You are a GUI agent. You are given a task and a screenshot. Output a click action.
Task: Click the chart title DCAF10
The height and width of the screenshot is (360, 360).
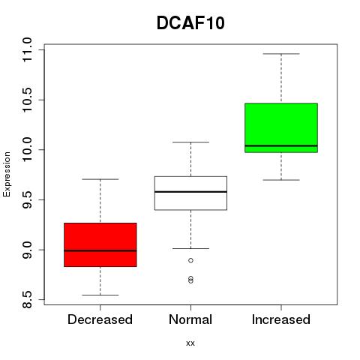click(190, 23)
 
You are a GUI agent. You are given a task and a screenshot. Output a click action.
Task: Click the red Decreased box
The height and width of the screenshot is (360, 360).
click(100, 244)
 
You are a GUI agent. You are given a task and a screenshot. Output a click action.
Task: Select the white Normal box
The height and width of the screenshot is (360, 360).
click(190, 193)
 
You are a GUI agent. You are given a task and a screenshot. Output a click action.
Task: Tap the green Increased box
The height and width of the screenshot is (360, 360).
click(281, 127)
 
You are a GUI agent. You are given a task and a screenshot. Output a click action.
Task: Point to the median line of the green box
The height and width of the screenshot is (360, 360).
click(281, 145)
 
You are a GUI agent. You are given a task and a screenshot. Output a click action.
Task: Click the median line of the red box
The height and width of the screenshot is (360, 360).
click(100, 250)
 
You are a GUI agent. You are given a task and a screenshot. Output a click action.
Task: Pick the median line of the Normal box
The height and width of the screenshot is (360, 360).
click(190, 192)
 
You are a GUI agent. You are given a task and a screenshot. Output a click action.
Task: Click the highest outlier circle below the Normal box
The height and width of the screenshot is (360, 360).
click(190, 260)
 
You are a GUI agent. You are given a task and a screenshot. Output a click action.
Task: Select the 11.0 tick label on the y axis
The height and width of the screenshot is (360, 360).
click(27, 49)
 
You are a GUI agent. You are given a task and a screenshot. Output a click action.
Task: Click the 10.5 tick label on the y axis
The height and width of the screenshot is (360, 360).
click(27, 100)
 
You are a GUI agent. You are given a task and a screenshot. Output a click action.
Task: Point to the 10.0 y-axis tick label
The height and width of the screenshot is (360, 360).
click(27, 150)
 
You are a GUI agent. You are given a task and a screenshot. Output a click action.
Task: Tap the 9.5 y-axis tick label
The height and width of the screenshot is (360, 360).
click(27, 200)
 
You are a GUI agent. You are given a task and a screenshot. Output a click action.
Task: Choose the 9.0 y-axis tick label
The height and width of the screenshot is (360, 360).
click(27, 250)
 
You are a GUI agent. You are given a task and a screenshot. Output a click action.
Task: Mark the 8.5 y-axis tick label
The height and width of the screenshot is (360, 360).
click(27, 300)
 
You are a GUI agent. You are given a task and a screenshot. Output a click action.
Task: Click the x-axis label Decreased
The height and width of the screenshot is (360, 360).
click(100, 319)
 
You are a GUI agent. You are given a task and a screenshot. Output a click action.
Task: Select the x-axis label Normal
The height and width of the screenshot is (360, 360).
click(190, 319)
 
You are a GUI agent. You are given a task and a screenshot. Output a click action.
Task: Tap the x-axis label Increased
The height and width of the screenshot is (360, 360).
click(281, 319)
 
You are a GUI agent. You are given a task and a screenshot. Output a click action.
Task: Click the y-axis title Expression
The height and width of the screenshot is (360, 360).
click(7, 174)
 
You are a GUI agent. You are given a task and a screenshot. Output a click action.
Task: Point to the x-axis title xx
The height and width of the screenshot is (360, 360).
click(190, 343)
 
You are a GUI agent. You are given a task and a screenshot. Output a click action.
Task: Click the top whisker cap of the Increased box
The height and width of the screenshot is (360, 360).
click(281, 54)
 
